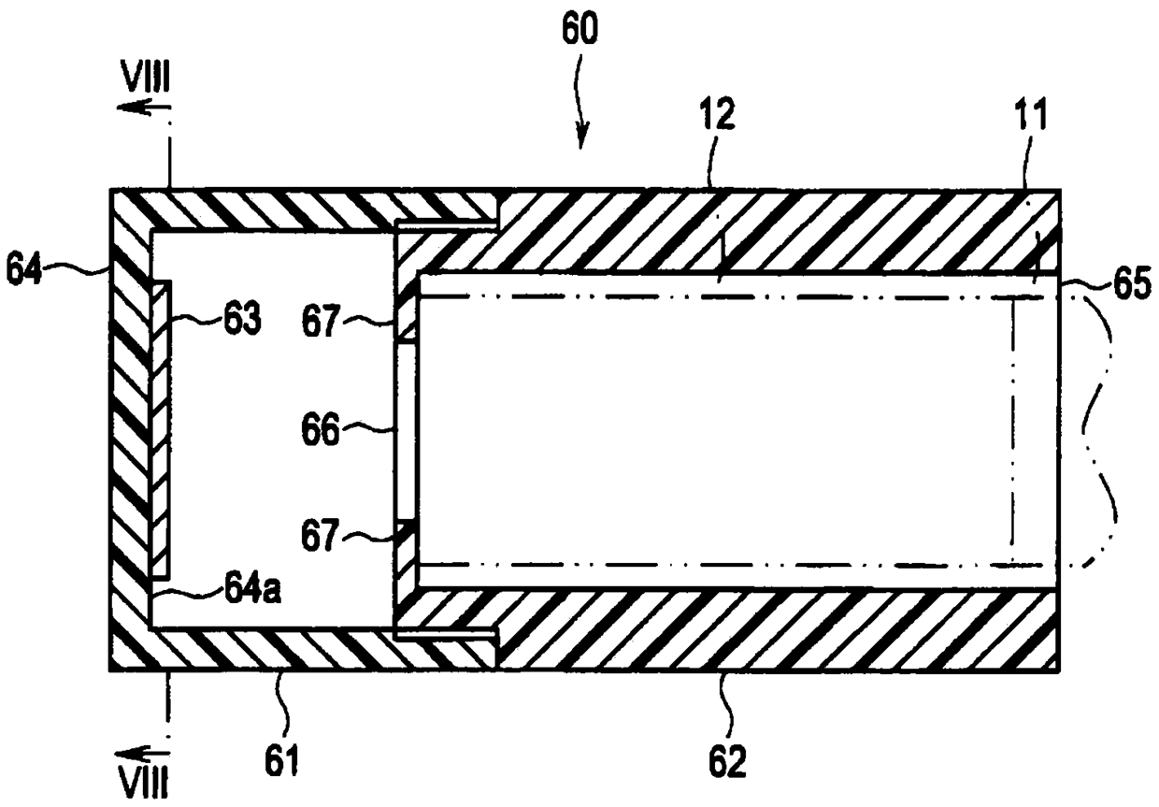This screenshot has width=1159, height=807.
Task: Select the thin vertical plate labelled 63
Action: (160, 430)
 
